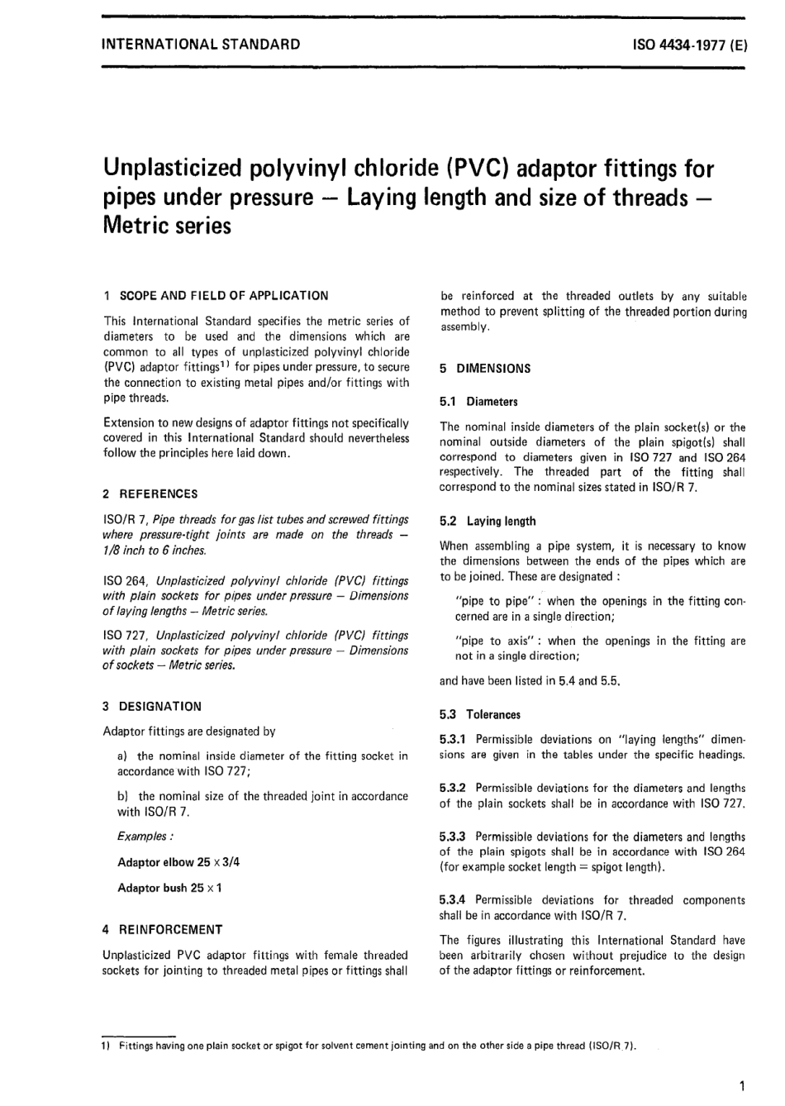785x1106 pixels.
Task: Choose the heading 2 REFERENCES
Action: pyautogui.click(x=150, y=494)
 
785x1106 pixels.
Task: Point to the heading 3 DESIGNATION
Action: pyautogui.click(x=152, y=707)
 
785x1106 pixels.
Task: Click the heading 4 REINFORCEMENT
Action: pyautogui.click(x=162, y=930)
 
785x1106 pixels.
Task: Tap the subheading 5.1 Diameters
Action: pyautogui.click(x=478, y=403)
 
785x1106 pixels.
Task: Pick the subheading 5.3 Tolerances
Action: pyautogui.click(x=480, y=715)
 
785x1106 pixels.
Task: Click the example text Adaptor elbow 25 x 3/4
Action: pyautogui.click(x=178, y=862)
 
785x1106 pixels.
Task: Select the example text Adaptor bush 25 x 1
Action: pyautogui.click(x=169, y=888)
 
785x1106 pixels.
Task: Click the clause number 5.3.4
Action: pyautogui.click(x=454, y=900)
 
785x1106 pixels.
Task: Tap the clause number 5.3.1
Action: pyautogui.click(x=454, y=740)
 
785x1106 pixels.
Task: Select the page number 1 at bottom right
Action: pyautogui.click(x=743, y=1086)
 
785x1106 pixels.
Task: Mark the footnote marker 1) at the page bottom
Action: pyautogui.click(x=107, y=1046)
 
